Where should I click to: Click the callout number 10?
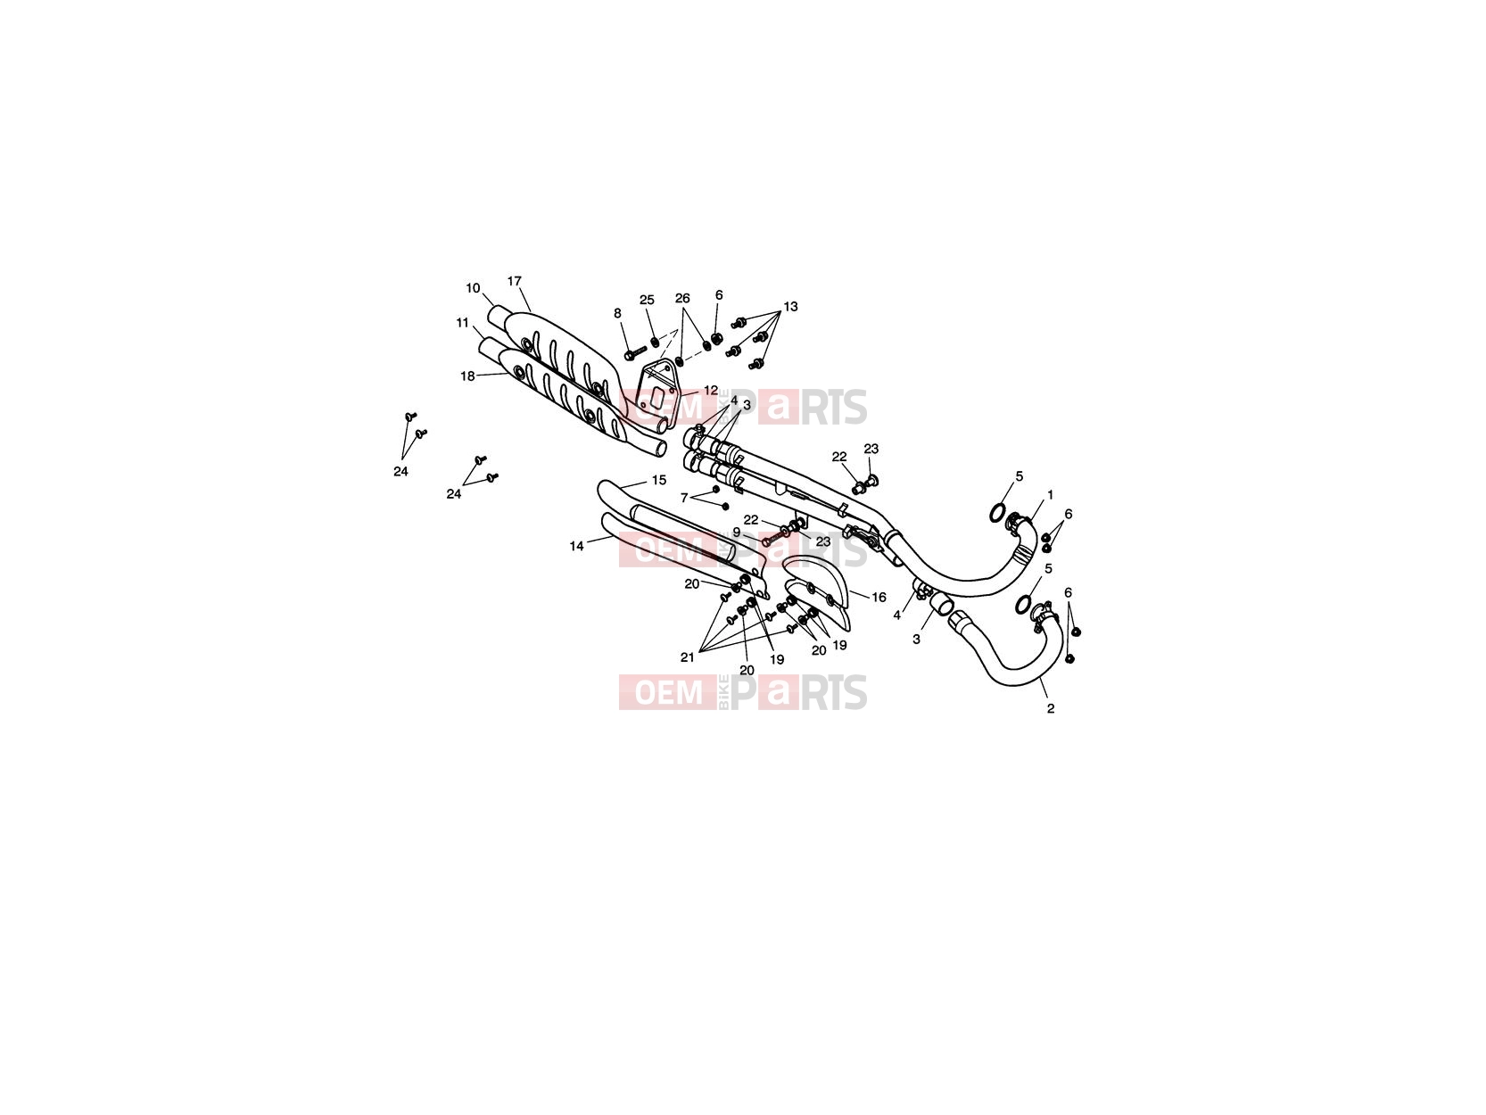click(473, 288)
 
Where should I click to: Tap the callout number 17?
click(515, 281)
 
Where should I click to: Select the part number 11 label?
click(462, 323)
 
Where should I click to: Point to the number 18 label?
click(467, 376)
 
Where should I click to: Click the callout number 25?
click(648, 300)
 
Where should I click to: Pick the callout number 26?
click(682, 298)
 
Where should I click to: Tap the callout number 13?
click(791, 307)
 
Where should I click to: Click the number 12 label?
click(711, 391)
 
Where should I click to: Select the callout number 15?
click(659, 480)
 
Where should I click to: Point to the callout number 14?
click(576, 546)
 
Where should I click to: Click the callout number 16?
click(879, 597)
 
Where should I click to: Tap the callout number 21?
click(687, 657)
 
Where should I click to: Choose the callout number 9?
click(737, 533)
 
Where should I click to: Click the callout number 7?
click(684, 499)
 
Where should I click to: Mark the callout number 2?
click(1051, 709)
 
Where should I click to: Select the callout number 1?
click(1051, 496)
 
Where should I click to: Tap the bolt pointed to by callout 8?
click(636, 352)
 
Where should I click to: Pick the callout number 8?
click(617, 313)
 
